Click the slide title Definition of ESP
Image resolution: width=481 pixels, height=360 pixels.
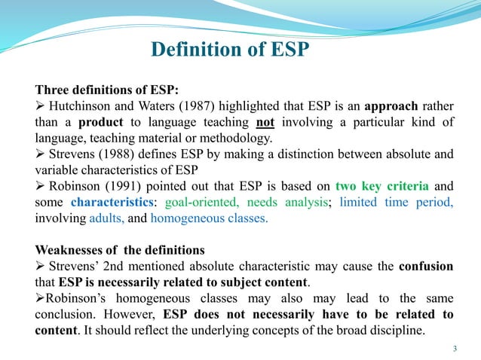tap(231, 50)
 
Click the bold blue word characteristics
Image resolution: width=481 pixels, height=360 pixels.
tap(115, 203)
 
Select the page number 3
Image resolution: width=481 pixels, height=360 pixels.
tap(455, 348)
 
